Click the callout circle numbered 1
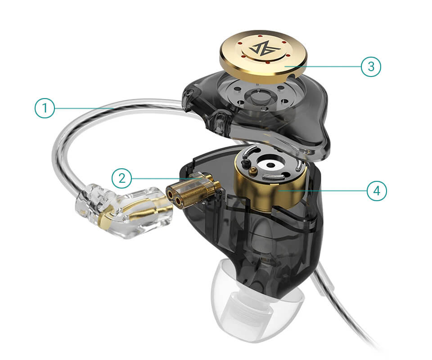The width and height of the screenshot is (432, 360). (45, 108)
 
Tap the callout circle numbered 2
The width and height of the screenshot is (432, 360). (122, 179)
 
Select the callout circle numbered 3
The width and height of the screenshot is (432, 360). (371, 67)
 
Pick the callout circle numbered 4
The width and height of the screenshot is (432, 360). (377, 190)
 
